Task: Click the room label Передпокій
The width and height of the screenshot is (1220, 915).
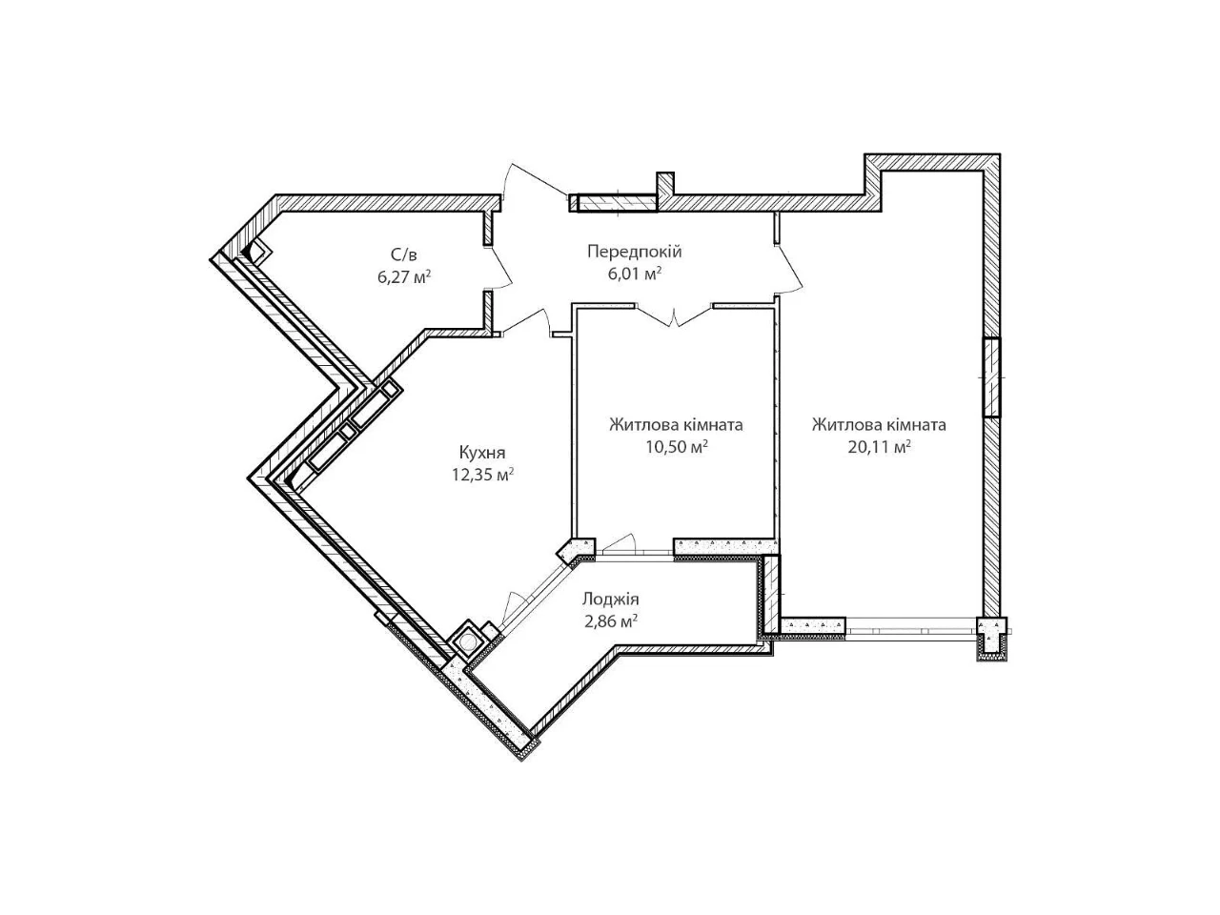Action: tap(634, 253)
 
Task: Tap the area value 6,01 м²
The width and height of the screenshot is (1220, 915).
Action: tap(634, 274)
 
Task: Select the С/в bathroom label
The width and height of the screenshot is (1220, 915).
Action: tap(404, 255)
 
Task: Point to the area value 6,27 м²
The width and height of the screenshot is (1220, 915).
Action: tap(404, 276)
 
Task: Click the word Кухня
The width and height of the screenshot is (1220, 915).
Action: tap(482, 453)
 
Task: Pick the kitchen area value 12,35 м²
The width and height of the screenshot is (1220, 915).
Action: tap(482, 475)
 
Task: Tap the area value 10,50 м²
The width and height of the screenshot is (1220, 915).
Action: tap(676, 447)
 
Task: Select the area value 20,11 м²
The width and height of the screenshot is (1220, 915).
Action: tap(879, 447)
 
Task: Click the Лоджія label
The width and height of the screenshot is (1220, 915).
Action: tap(610, 599)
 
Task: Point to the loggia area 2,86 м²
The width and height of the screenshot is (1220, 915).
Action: tap(610, 620)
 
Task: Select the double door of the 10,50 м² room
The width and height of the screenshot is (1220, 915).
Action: tap(674, 315)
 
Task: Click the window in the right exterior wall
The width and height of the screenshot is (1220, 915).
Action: tap(991, 377)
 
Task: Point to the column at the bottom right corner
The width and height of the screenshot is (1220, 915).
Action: tap(991, 639)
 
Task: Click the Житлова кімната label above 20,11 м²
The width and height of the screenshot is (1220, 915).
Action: tap(879, 425)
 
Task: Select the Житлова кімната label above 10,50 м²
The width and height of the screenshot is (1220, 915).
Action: tap(676, 425)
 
